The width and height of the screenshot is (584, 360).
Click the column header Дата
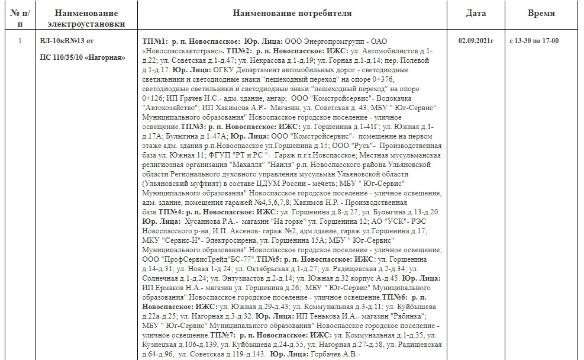point(476,13)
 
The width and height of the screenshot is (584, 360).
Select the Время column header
point(541,13)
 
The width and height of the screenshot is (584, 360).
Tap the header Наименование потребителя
point(292,13)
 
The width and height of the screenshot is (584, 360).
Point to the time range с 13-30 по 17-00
point(534,41)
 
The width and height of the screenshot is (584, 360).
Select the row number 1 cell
point(20,41)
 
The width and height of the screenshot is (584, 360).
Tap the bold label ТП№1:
point(155,43)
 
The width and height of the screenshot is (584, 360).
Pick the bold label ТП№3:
point(193,127)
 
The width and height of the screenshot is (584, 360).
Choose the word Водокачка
point(408,97)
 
